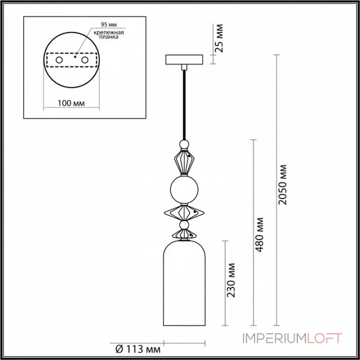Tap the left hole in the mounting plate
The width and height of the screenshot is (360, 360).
pos(59,59)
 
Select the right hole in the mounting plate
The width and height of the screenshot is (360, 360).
pos(84,59)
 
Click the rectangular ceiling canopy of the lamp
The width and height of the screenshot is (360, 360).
pos(184,60)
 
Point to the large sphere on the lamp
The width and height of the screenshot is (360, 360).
pos(184,189)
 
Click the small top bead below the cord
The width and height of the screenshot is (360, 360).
pos(184,144)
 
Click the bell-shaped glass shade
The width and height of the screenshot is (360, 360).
pos(183,283)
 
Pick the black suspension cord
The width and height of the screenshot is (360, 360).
pos(184,103)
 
